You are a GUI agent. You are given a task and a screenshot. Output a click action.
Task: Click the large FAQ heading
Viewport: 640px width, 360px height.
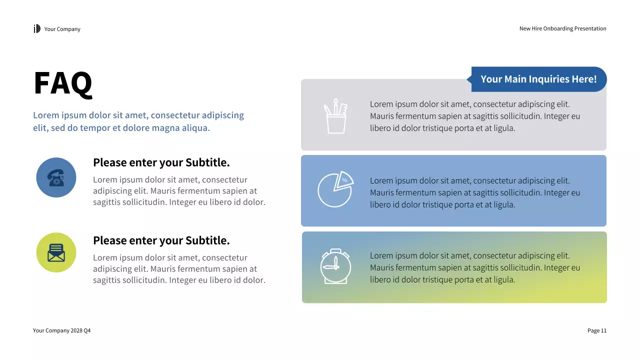coord(63,83)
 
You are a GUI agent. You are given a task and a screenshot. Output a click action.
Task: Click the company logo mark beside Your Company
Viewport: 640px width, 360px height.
coord(37,29)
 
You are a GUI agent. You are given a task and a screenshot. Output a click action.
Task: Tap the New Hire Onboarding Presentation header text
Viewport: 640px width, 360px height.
coord(562,29)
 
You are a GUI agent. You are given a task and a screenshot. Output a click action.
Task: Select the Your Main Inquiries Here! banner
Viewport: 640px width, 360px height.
coord(538,79)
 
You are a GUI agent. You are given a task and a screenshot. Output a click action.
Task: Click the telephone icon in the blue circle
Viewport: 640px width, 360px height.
coord(56,177)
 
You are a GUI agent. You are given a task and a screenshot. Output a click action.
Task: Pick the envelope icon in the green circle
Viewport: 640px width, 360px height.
coord(56,252)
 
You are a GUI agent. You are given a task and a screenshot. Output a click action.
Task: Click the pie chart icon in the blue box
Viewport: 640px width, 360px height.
coord(335,189)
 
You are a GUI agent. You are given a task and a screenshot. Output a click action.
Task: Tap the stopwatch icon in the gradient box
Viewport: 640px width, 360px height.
coord(335,266)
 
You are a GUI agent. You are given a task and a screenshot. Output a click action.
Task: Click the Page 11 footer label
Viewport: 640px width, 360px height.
coord(596,330)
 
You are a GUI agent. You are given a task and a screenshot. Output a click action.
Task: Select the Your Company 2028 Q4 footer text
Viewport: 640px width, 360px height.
coord(62,330)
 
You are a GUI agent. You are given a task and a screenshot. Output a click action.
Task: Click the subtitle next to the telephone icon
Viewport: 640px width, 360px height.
coord(161,162)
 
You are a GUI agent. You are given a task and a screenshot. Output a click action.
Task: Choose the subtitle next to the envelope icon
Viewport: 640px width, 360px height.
coord(161,240)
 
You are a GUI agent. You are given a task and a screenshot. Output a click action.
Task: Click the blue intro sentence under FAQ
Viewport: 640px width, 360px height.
coord(138,121)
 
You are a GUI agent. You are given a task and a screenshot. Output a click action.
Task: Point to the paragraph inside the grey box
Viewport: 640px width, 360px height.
coord(474,116)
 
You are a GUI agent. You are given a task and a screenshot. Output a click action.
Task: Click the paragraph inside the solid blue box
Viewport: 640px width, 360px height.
coord(474,192)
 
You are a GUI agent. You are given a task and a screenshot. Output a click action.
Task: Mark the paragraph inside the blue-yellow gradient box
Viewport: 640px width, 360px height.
coord(474,267)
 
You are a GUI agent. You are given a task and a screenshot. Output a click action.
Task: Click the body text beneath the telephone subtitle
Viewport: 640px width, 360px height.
coord(179,191)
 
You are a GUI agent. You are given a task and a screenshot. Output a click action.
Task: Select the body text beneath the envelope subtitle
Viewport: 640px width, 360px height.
coord(179,269)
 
